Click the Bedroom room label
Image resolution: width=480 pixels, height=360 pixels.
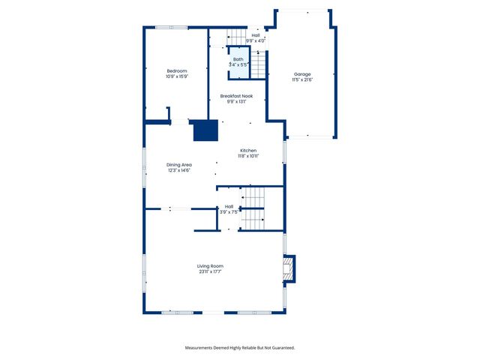click(x=177, y=70)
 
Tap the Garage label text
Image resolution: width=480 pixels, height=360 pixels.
click(x=302, y=75)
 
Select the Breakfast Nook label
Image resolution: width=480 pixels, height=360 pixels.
click(x=236, y=96)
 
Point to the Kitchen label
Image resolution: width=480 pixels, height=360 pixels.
click(x=248, y=151)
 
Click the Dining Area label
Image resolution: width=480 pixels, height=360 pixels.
click(x=179, y=165)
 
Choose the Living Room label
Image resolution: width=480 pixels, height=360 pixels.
click(x=210, y=266)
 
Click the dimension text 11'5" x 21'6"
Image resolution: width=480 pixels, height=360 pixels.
click(x=302, y=80)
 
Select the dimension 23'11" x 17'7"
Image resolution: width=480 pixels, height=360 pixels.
click(x=210, y=272)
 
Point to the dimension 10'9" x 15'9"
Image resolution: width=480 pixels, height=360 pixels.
click(x=177, y=76)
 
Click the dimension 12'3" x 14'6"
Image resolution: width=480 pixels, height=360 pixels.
click(x=179, y=171)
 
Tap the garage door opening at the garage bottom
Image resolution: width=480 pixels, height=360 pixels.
click(x=308, y=136)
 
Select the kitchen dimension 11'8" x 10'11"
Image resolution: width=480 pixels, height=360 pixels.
click(x=248, y=157)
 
